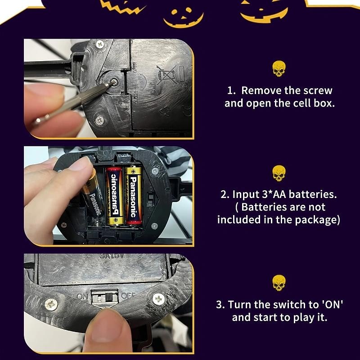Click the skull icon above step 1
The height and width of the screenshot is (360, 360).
coord(279,69)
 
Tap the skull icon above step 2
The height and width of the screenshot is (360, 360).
coord(279,173)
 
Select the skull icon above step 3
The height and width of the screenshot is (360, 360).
coord(279,283)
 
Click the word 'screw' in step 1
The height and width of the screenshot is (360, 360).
coord(318,90)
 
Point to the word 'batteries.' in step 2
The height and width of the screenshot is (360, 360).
coord(313,194)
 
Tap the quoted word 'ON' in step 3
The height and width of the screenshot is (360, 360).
coord(332,305)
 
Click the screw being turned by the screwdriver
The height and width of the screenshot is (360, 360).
coord(113,82)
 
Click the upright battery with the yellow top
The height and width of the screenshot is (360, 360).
coord(133,195)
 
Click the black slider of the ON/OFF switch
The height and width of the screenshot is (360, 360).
coord(108,297)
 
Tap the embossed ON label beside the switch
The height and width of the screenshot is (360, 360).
coord(82,297)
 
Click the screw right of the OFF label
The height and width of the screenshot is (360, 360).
coord(159,299)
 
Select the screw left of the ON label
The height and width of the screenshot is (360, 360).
coord(51,305)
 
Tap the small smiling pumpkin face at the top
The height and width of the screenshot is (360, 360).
coord(183,18)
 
